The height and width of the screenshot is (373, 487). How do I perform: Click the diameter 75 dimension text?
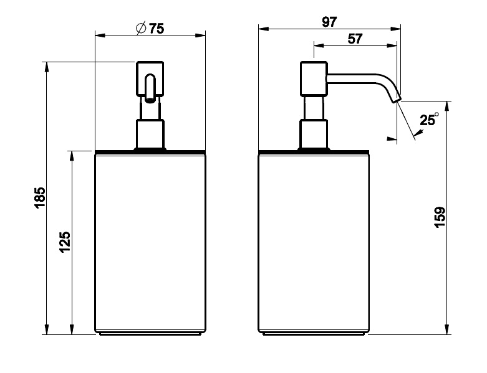150,29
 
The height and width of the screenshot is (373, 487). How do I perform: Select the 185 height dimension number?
41,198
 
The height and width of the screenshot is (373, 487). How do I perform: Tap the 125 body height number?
65,242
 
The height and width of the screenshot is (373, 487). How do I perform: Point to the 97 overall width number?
329,22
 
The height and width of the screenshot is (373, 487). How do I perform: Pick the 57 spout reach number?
355,39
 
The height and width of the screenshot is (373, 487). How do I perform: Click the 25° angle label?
429,120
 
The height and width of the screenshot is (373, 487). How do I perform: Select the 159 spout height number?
440,217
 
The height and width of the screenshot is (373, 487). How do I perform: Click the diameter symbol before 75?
141,29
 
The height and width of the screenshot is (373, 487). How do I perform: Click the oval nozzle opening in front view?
150,87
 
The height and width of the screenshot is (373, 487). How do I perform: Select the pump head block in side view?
314,78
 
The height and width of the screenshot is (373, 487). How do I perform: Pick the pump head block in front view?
150,78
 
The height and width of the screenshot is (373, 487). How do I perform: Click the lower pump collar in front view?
150,134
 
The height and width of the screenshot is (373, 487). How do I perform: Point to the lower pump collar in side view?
314,134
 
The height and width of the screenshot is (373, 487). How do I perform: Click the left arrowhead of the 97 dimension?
263,29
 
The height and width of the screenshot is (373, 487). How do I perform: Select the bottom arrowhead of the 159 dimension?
447,329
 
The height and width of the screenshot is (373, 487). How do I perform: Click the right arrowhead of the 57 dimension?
392,45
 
